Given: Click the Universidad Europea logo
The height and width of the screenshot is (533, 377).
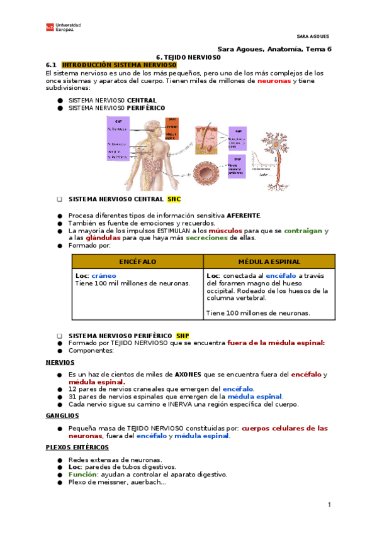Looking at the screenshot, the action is (63, 27).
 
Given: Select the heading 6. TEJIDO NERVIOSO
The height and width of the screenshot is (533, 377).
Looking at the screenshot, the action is (189, 57).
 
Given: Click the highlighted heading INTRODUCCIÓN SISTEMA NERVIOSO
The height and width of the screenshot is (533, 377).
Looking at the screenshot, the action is (119, 65).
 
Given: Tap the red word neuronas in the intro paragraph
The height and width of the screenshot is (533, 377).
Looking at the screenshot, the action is (274, 81).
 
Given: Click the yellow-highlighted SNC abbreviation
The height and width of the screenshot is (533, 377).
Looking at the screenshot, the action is (174, 199).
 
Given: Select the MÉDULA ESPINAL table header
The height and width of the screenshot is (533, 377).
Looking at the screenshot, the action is (269, 261).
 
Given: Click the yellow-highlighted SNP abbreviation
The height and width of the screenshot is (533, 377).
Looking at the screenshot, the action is (183, 336).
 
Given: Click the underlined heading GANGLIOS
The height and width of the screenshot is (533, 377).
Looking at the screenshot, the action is (62, 415).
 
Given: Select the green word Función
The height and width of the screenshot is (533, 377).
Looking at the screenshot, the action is (82, 475).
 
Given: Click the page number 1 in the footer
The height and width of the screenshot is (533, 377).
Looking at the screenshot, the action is (329, 505).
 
